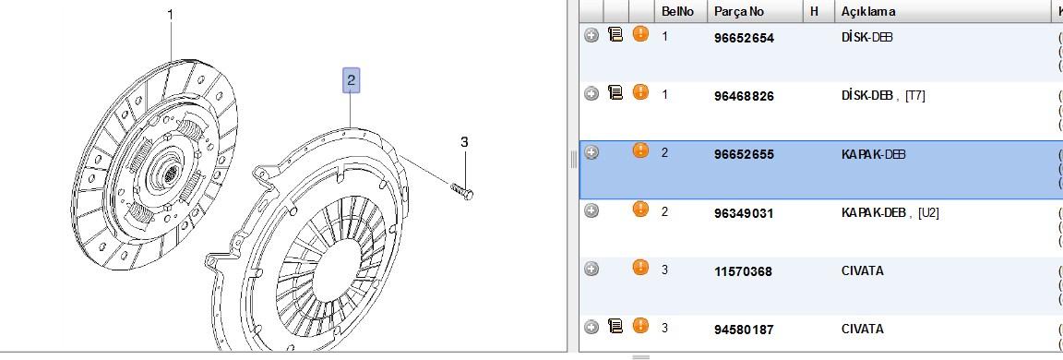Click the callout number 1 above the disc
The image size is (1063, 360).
click(x=170, y=14)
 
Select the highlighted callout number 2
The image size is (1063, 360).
click(x=352, y=80)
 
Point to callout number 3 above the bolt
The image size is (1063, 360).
click(x=464, y=142)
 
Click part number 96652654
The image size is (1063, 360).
click(x=744, y=38)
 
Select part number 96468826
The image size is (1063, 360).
click(x=744, y=96)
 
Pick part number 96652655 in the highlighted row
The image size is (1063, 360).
click(x=744, y=154)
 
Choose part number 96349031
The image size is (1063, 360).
click(x=744, y=213)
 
